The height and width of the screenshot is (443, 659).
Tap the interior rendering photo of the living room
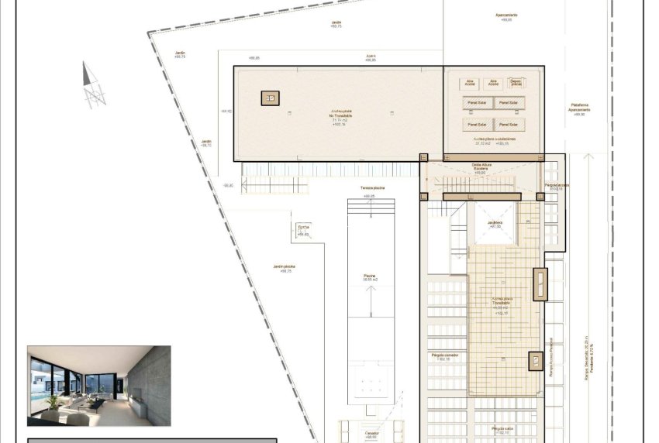98,385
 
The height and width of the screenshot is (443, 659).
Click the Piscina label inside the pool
370,276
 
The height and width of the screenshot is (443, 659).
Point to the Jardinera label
495,222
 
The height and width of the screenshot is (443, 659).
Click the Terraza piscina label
372,188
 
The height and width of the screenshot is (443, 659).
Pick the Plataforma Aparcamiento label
579,108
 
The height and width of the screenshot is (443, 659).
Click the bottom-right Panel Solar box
509,124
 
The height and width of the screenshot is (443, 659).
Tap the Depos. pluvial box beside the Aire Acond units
516,82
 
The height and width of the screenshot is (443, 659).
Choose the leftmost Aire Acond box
470,82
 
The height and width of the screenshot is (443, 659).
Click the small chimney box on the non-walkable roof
270,98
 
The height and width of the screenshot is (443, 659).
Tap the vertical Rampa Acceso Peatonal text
551,356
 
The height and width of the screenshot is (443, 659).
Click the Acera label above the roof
371,57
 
